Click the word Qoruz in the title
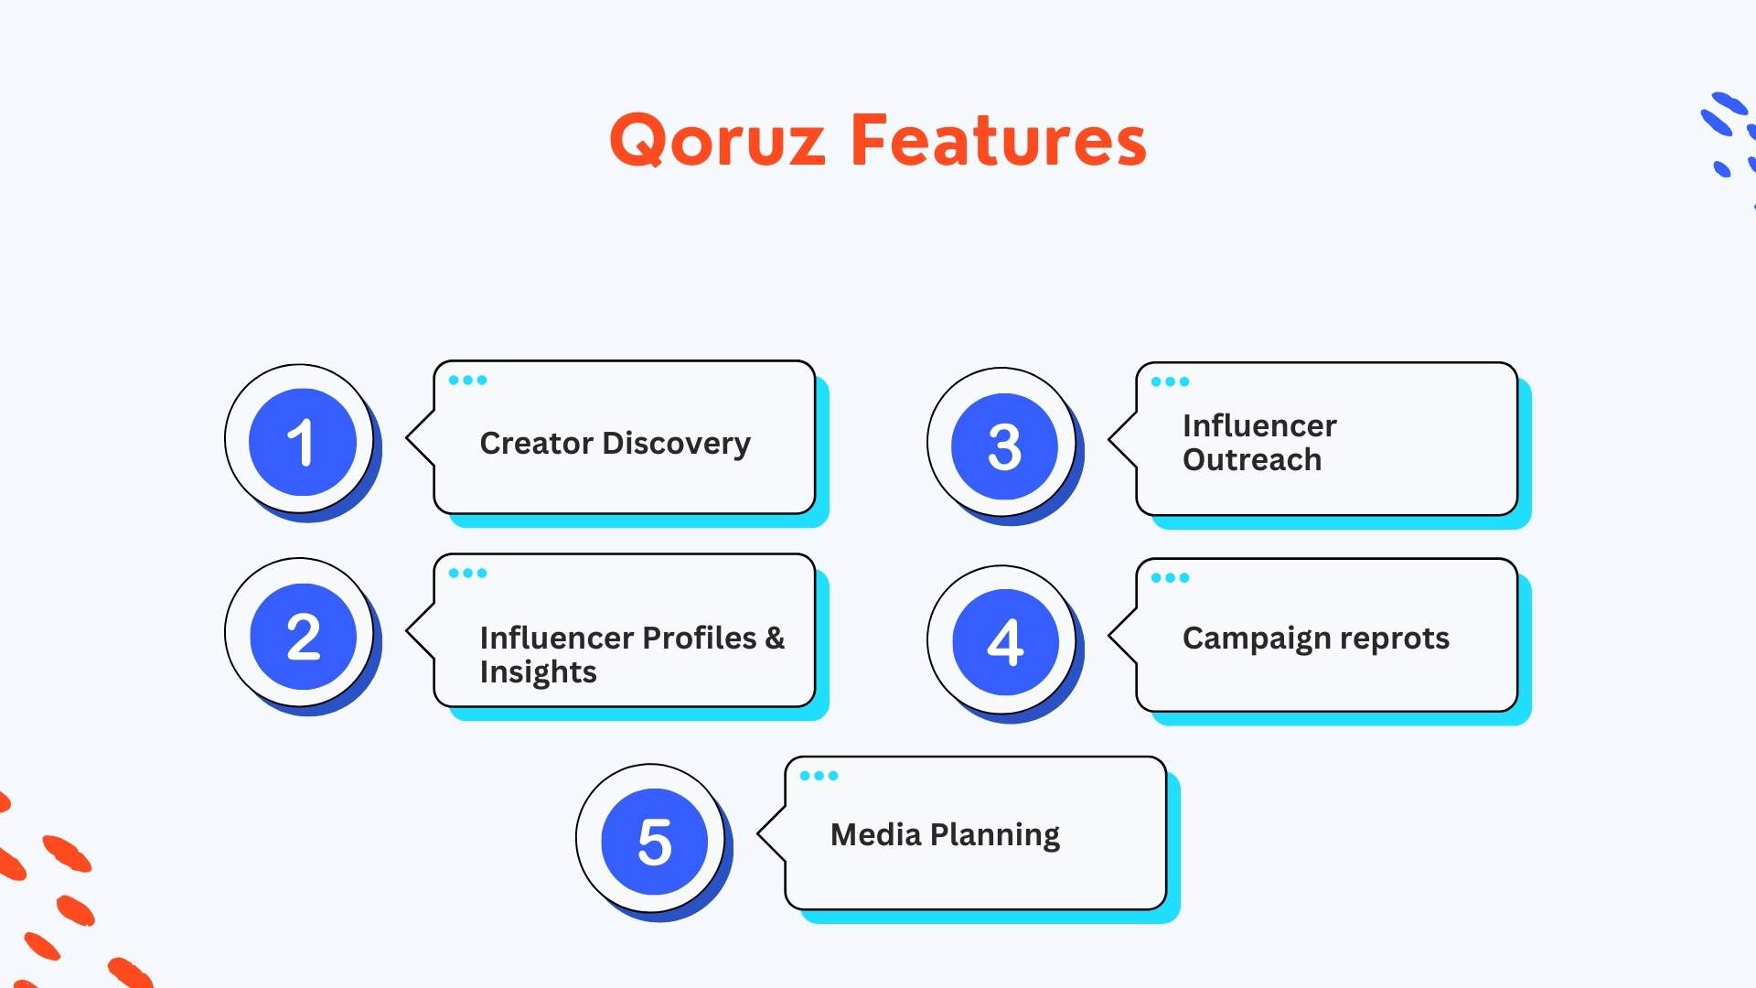pyautogui.click(x=717, y=142)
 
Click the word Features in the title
pyautogui.click(x=998, y=142)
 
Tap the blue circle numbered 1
pyautogui.click(x=302, y=442)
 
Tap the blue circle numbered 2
pyautogui.click(x=303, y=637)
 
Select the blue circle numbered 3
pyautogui.click(x=1004, y=446)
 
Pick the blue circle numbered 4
pyautogui.click(x=1005, y=642)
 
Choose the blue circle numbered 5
pyautogui.click(x=654, y=842)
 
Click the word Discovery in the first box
pyautogui.click(x=677, y=444)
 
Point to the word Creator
pyautogui.click(x=537, y=444)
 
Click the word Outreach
pyautogui.click(x=1251, y=460)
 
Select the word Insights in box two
pyautogui.click(x=538, y=672)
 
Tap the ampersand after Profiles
pyautogui.click(x=775, y=638)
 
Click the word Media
pyautogui.click(x=875, y=835)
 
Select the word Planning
pyautogui.click(x=994, y=835)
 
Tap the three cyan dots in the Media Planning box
pyautogui.click(x=819, y=776)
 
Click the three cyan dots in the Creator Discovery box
pyautogui.click(x=467, y=380)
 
